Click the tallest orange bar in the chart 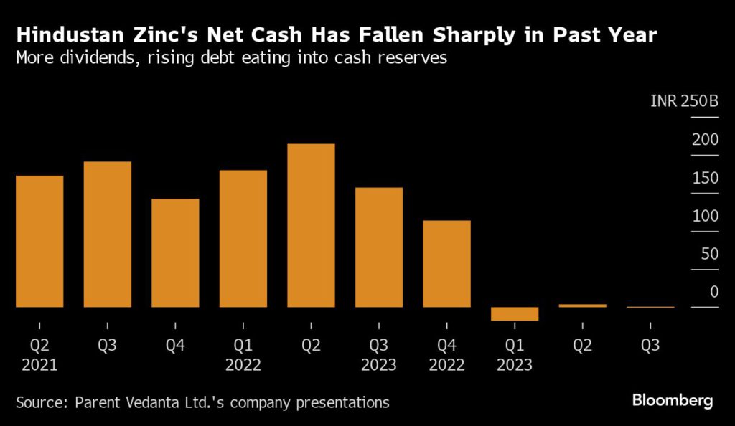pyautogui.click(x=311, y=225)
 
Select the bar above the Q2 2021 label pyautogui.click(x=39, y=241)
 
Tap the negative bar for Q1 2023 pyautogui.click(x=515, y=313)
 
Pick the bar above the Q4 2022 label pyautogui.click(x=446, y=263)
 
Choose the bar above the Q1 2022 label pyautogui.click(x=243, y=238)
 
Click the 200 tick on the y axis pyautogui.click(x=705, y=139)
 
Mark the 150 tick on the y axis pyautogui.click(x=705, y=178)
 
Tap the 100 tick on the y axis pyautogui.click(x=705, y=216)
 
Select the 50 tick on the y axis pyautogui.click(x=708, y=254)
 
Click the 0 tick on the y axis pyautogui.click(x=713, y=292)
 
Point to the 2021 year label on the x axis pyautogui.click(x=39, y=364)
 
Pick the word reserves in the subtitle pyautogui.click(x=412, y=58)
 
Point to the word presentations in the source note pyautogui.click(x=340, y=402)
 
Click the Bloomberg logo pyautogui.click(x=673, y=400)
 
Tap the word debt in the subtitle pyautogui.click(x=217, y=58)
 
